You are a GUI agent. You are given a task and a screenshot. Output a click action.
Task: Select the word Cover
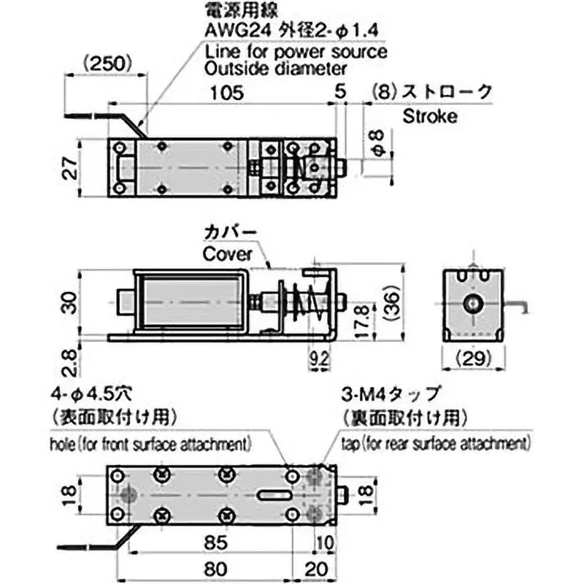tap(227, 255)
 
